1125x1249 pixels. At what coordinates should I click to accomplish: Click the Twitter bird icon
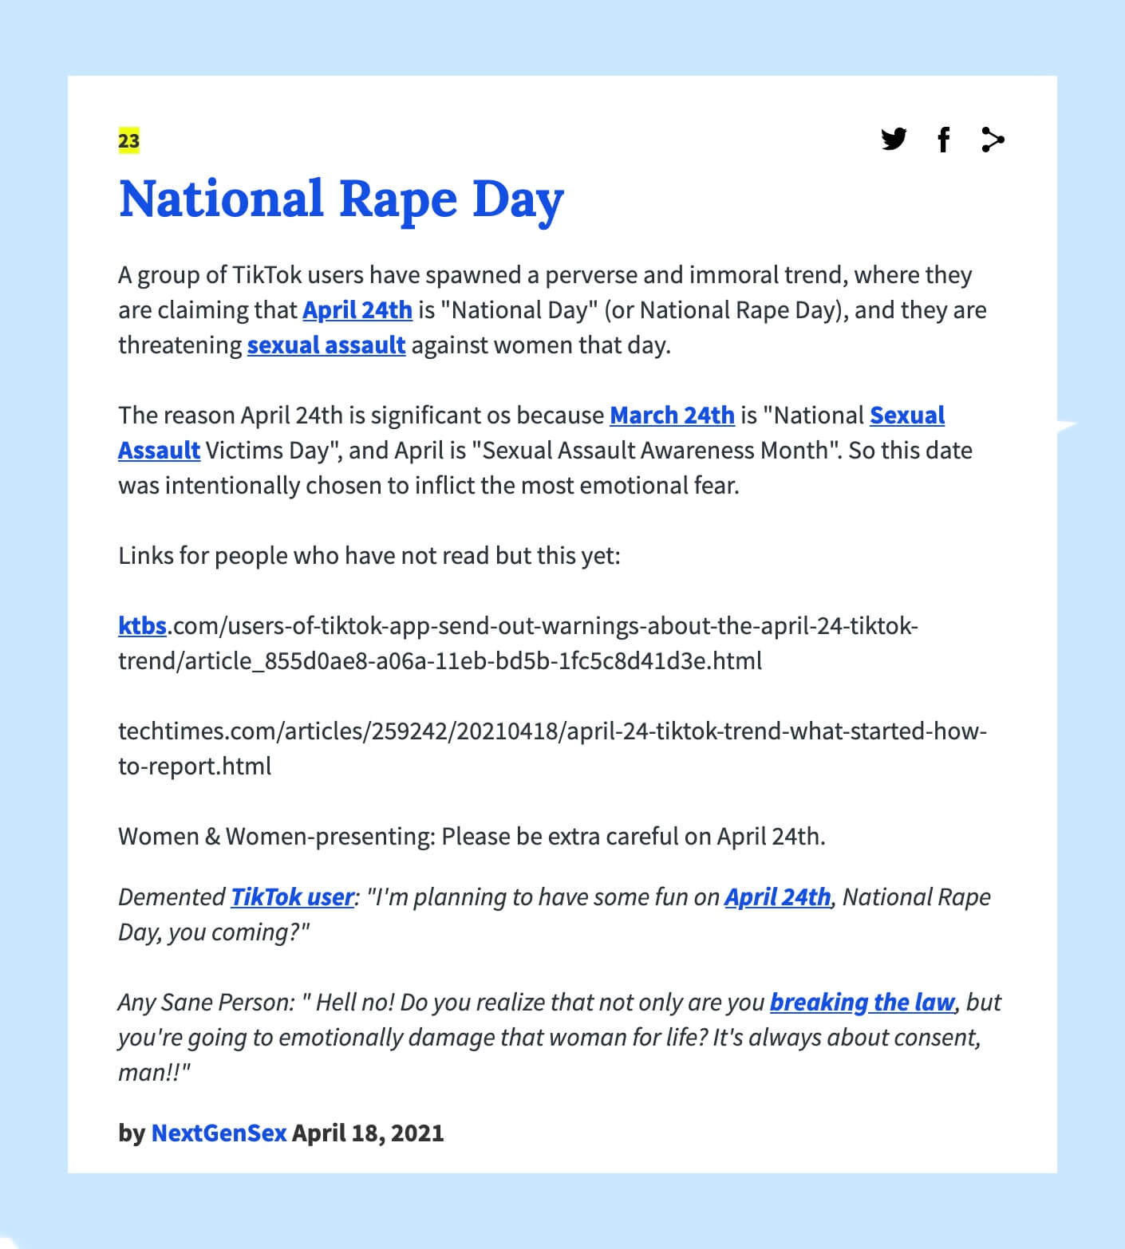tap(894, 139)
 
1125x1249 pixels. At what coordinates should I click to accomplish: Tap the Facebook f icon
tap(943, 140)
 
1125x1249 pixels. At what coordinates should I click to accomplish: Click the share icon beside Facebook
tap(993, 140)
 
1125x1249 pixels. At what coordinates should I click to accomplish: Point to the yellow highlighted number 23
tap(128, 141)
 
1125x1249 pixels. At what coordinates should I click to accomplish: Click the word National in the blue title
tap(221, 199)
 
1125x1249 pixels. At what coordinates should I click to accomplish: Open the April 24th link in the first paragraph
tap(357, 309)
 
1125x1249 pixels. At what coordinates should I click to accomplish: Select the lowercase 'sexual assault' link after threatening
tap(326, 345)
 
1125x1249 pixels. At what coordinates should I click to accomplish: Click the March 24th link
tap(672, 415)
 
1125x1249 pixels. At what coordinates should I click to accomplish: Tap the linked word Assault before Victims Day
tap(159, 450)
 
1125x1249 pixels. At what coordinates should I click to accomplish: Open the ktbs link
tap(142, 625)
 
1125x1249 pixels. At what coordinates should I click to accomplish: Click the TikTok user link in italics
tap(292, 896)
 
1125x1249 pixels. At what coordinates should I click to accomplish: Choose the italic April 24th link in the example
tap(777, 896)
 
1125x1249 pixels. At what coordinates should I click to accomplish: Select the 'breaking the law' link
tap(862, 1002)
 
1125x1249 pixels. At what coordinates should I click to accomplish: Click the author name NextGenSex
tap(219, 1133)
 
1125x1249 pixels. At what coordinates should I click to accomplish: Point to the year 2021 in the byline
tap(417, 1133)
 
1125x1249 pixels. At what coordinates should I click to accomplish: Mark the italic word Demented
tap(172, 896)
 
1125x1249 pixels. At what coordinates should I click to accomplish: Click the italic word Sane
tap(186, 1002)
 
